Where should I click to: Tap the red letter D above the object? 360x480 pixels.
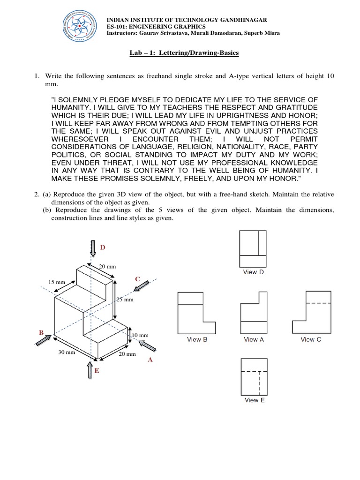click(x=103, y=247)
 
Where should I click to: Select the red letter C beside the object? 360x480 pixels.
click(x=137, y=279)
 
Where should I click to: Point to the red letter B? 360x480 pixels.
click(x=41, y=332)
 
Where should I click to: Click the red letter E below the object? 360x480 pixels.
click(x=97, y=371)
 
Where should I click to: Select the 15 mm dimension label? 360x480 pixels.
click(x=57, y=282)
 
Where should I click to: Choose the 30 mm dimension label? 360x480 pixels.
click(x=67, y=352)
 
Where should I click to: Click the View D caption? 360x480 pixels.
click(x=253, y=272)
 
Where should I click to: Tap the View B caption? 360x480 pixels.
click(x=197, y=339)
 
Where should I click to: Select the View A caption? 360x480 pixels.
click(x=254, y=339)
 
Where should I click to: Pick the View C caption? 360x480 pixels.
click(x=311, y=339)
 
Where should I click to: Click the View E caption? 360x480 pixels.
click(x=255, y=400)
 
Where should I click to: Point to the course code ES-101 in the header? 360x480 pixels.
click(x=121, y=27)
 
